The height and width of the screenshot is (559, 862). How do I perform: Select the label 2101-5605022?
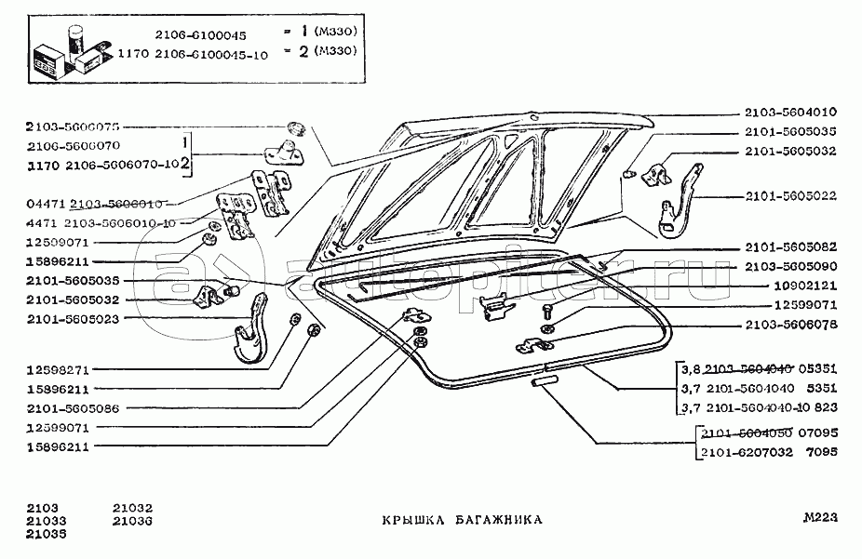click(790, 195)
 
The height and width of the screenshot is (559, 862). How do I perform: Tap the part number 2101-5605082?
click(790, 247)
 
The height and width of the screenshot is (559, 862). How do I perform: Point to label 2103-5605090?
click(790, 266)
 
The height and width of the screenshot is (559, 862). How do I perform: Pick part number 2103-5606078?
click(790, 326)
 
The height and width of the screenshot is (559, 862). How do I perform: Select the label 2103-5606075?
click(74, 126)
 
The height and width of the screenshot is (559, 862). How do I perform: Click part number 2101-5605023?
click(74, 317)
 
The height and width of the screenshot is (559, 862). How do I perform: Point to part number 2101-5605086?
click(74, 408)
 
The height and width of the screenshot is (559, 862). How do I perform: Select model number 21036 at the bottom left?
click(132, 520)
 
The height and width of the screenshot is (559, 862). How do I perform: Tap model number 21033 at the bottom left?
click(46, 521)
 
